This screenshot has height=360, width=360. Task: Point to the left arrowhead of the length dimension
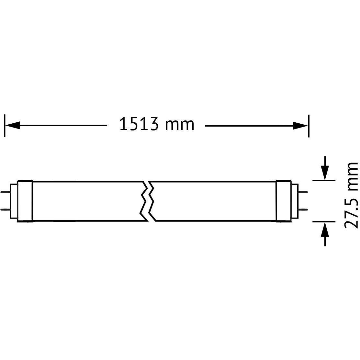tap(12, 126)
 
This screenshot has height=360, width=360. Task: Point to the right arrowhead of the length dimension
tap(300, 126)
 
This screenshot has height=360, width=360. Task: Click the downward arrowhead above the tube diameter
tap(325, 173)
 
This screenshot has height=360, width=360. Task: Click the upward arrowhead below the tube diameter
tap(325, 230)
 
